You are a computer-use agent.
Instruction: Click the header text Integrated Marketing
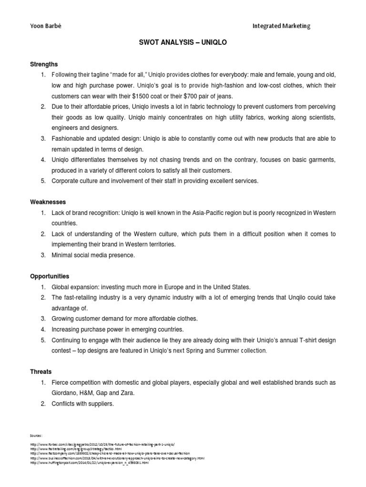(x=282, y=26)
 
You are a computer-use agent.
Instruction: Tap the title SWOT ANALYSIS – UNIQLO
(x=183, y=42)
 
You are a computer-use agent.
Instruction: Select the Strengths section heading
(x=44, y=64)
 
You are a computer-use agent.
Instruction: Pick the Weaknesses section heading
(x=48, y=202)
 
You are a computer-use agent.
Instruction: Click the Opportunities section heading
(x=50, y=276)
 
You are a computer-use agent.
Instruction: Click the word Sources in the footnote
(x=36, y=435)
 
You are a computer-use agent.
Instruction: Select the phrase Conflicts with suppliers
(x=84, y=404)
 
